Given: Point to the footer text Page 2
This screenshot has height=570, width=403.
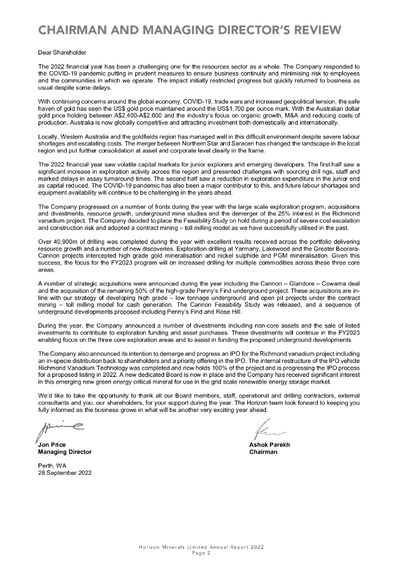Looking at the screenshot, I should (x=201, y=554).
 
